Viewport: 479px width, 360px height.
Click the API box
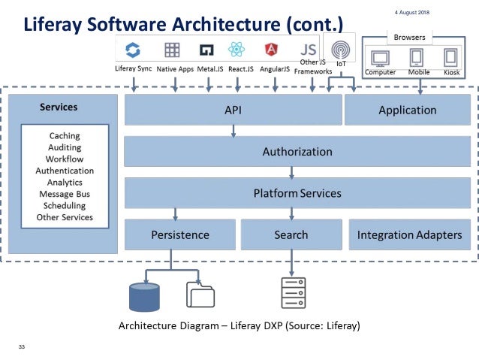(x=232, y=110)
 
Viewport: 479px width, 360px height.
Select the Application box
(x=407, y=110)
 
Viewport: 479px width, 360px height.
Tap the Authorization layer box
(x=297, y=151)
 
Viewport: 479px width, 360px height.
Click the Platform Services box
(x=297, y=193)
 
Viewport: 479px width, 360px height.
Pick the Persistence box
(x=179, y=234)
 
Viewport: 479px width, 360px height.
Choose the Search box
(x=291, y=234)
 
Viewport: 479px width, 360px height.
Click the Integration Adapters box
(x=409, y=234)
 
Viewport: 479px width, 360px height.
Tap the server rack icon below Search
(x=291, y=294)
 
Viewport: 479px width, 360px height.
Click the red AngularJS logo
(x=270, y=50)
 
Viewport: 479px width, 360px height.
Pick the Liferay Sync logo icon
(x=133, y=50)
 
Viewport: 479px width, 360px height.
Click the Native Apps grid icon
(x=172, y=50)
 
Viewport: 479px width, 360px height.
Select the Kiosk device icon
(x=450, y=57)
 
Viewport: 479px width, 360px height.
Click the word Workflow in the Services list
(x=65, y=159)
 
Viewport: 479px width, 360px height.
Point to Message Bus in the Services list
(x=65, y=194)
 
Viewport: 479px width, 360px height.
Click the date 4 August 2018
(x=412, y=13)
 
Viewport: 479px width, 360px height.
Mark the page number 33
(x=22, y=346)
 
